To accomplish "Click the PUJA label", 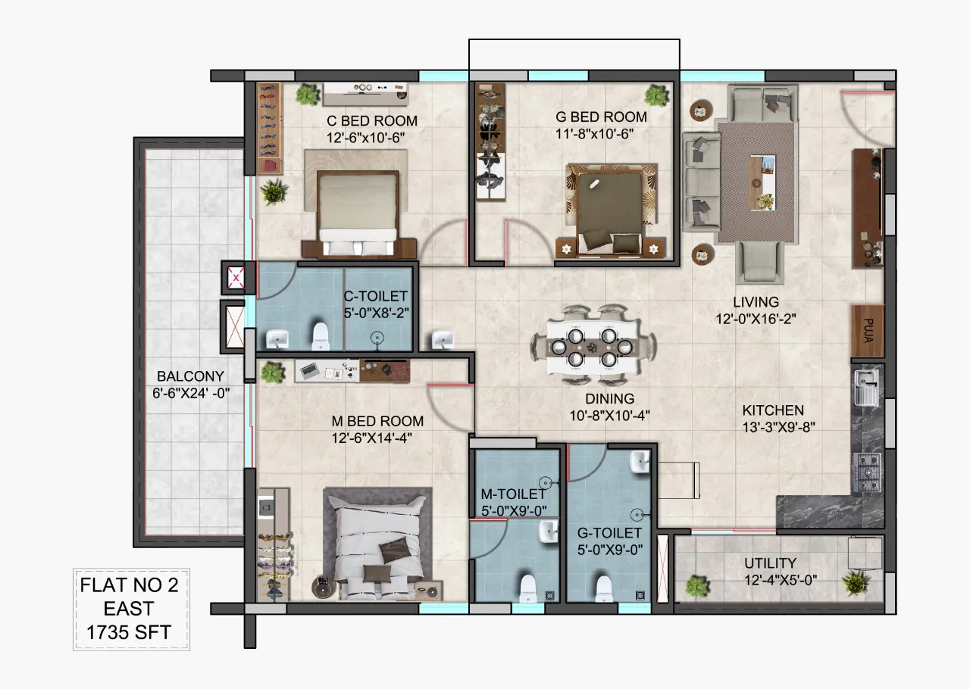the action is pyautogui.click(x=868, y=331).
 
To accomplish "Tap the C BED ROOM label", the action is pyautogui.click(x=372, y=120).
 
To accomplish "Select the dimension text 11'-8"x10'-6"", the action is pyautogui.click(x=595, y=134).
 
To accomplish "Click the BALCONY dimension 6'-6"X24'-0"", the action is pyautogui.click(x=191, y=394).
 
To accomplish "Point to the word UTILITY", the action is pyautogui.click(x=771, y=563).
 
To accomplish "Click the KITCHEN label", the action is pyautogui.click(x=773, y=410).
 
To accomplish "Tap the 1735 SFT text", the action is pyautogui.click(x=129, y=632).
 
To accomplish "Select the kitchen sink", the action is pyautogui.click(x=866, y=388).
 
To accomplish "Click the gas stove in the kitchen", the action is pyautogui.click(x=867, y=472).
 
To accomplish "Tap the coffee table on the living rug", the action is pyautogui.click(x=762, y=182).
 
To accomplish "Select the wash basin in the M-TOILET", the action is pyautogui.click(x=549, y=532).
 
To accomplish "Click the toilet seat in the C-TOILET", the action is pyautogui.click(x=321, y=335).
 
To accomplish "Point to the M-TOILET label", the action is pyautogui.click(x=513, y=494).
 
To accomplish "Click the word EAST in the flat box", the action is pyautogui.click(x=129, y=609).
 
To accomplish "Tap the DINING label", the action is pyautogui.click(x=610, y=398).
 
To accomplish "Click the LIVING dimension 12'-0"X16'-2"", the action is pyautogui.click(x=756, y=319).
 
